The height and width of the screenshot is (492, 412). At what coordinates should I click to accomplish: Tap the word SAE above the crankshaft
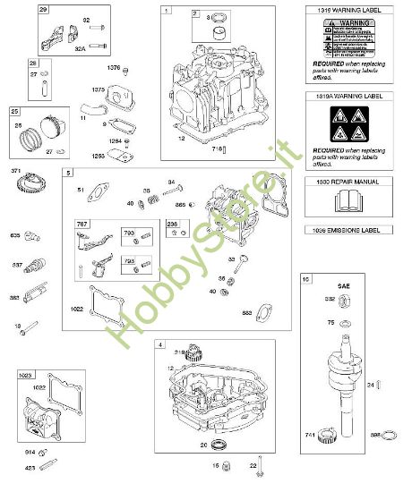click(343, 284)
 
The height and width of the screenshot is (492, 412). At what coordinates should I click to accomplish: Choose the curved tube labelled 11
click(89, 112)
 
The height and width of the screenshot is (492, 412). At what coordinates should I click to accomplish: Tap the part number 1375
click(99, 89)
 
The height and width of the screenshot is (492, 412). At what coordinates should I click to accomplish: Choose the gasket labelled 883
click(266, 311)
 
